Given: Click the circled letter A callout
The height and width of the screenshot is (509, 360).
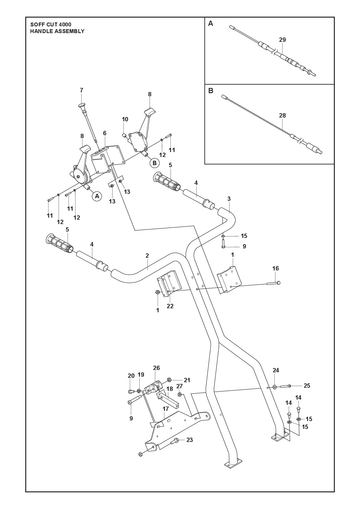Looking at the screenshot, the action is coord(97,196).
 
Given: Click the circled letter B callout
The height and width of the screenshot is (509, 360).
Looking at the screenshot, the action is coord(154,163).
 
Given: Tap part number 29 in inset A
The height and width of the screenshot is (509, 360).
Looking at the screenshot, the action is coord(282,40).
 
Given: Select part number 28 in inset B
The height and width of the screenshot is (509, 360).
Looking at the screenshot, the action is coord(282,116).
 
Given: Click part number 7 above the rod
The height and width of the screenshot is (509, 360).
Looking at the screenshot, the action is coord(81,90).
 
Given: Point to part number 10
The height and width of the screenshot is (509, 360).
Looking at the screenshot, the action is coord(125,119).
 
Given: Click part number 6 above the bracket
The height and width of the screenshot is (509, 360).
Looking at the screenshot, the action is coord(105,133).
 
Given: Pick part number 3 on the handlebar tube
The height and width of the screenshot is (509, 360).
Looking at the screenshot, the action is coord(229,199).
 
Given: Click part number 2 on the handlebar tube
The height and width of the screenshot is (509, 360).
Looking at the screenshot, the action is coord(147,256).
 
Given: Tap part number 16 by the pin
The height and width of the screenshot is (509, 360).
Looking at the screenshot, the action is coord(275,268).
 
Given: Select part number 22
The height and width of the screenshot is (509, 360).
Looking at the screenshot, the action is coord(170,306).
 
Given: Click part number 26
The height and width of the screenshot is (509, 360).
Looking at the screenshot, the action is coord(156,368).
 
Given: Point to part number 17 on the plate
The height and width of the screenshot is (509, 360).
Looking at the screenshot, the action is coord(166,409).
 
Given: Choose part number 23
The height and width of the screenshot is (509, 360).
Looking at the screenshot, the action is coord(189,440).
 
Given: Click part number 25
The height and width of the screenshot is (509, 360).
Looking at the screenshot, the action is coord(307,385).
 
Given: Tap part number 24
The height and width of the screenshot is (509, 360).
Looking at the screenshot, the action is coord(276,370).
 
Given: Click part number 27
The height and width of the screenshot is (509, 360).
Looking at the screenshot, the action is coord(180,386).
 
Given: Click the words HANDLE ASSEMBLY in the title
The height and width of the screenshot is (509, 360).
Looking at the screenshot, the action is coord(57,31).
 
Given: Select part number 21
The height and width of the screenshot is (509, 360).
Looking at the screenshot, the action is coord(187,380).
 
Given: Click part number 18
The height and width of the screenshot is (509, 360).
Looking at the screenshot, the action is coord(170,389).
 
